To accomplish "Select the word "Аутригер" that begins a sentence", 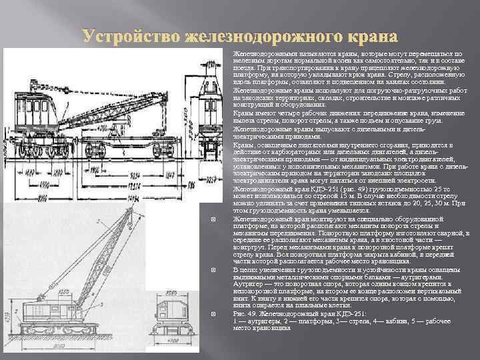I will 247,283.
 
